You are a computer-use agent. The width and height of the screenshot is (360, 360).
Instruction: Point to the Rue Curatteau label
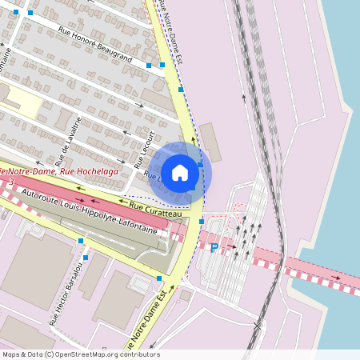point(155,210)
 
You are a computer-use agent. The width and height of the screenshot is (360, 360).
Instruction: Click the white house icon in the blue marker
point(179,172)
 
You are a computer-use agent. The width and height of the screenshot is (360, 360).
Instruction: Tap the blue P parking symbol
point(214,248)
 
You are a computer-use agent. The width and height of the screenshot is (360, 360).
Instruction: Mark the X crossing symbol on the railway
point(256,326)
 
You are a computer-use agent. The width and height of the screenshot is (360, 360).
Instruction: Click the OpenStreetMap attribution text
point(81,354)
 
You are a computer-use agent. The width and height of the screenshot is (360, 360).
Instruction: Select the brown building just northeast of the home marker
point(211,142)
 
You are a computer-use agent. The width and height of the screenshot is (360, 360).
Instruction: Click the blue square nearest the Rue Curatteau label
point(202,221)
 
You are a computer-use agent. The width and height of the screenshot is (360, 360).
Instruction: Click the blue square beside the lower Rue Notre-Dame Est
point(159,278)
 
